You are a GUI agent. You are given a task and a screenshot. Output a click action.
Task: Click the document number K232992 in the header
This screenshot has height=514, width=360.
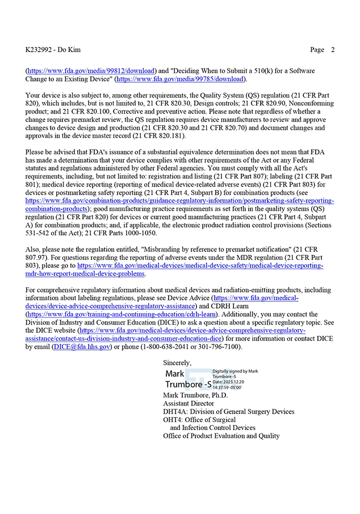(x=40, y=50)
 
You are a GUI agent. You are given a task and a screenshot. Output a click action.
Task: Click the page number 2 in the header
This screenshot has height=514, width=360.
(x=333, y=50)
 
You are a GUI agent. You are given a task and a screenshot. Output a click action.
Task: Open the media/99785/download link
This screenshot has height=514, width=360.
(x=182, y=79)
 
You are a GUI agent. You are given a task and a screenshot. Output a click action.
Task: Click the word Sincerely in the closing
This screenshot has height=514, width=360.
(x=177, y=362)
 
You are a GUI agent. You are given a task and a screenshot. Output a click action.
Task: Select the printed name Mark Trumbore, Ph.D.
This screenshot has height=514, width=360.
(x=195, y=395)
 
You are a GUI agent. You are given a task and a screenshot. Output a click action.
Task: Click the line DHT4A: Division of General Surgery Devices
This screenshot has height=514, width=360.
(x=228, y=412)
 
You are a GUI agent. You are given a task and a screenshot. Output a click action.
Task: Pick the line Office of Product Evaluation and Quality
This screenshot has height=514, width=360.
(x=221, y=436)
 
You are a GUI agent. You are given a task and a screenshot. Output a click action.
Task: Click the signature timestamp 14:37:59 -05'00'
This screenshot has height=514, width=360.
(x=227, y=387)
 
